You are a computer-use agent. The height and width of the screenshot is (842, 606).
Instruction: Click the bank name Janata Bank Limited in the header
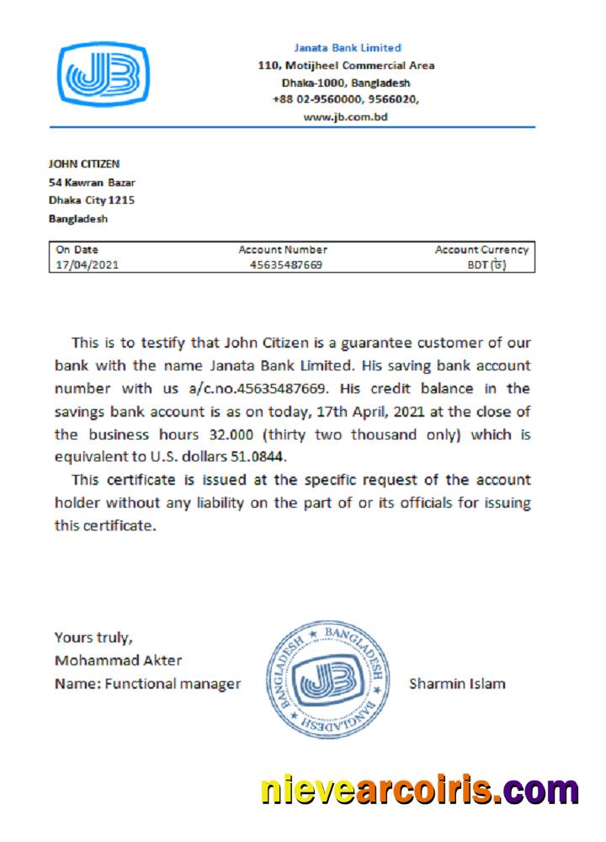tap(347, 48)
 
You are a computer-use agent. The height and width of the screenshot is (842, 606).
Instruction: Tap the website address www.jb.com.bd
tap(345, 118)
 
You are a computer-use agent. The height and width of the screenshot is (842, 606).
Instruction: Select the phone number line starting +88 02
tap(345, 100)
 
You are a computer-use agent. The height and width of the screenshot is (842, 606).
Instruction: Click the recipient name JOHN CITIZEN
tap(84, 164)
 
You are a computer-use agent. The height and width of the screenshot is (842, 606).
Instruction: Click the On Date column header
tap(77, 250)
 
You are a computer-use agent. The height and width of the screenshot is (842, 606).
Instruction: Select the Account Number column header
tap(283, 250)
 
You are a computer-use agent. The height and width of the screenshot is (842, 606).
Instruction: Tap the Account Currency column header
tap(481, 250)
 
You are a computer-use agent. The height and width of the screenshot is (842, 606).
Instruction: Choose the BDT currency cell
tap(486, 264)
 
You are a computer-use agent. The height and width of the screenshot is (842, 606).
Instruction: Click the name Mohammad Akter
tap(118, 660)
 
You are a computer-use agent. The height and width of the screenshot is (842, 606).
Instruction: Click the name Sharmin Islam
tap(457, 684)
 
